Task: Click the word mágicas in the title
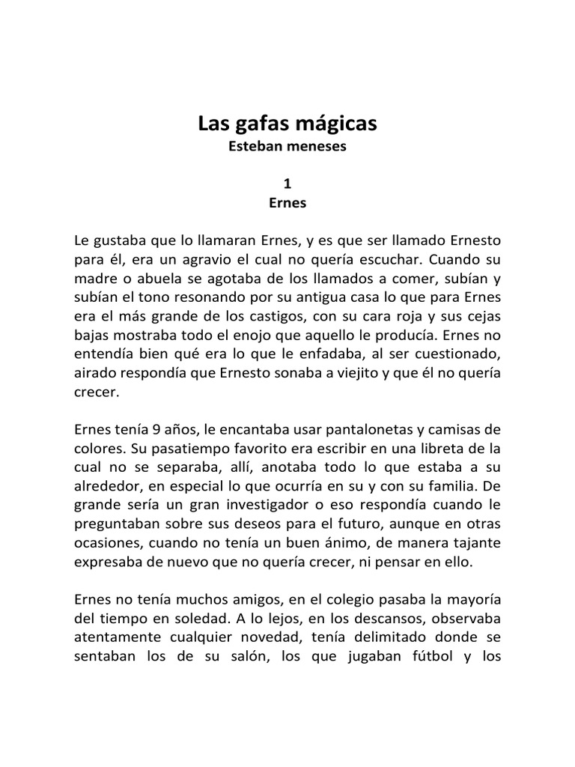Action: [x=335, y=124]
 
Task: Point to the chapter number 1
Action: [x=287, y=183]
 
